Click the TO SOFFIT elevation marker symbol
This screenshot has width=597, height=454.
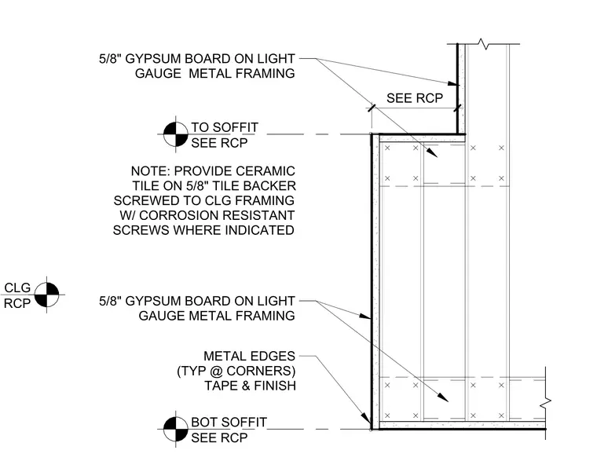(x=175, y=134)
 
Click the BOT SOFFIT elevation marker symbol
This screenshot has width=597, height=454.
(x=175, y=430)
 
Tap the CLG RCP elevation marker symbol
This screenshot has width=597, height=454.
(x=47, y=295)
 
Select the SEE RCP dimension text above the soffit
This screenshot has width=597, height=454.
(x=415, y=98)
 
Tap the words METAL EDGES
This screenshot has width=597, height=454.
(x=249, y=356)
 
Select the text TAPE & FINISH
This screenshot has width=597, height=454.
(x=250, y=386)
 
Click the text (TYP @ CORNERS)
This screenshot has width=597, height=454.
(x=236, y=371)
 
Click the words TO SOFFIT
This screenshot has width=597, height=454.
(x=225, y=127)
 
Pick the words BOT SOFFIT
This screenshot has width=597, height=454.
(x=229, y=422)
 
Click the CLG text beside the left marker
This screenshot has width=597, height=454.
(x=17, y=287)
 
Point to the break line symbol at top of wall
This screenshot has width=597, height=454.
(x=484, y=44)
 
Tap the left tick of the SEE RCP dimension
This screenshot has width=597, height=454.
(x=372, y=108)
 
